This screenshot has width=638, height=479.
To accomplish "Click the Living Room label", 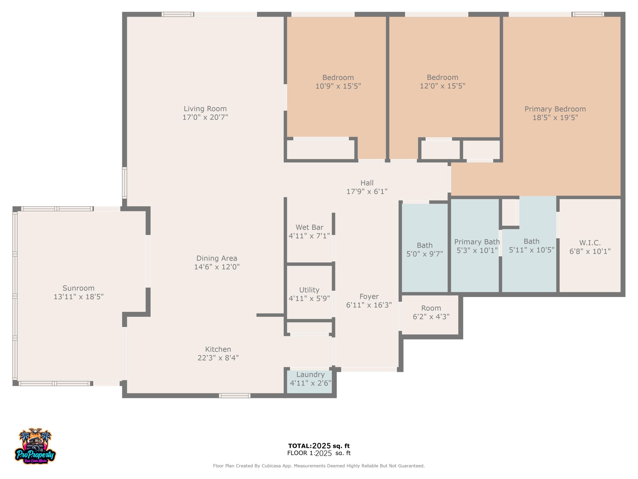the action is click(205, 109).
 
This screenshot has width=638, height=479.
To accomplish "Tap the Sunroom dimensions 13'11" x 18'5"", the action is click(78, 297).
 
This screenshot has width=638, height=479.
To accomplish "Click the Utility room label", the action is click(309, 290).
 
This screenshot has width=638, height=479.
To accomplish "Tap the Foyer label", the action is click(369, 297).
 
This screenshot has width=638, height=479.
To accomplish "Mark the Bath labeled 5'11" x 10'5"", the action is click(531, 245).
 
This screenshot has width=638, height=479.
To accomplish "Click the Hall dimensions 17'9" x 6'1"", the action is click(367, 191).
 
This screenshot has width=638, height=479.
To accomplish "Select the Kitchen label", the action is click(218, 349).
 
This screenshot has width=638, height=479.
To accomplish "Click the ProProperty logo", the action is click(35, 446).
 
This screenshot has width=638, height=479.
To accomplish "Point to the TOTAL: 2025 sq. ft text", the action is click(319, 446).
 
